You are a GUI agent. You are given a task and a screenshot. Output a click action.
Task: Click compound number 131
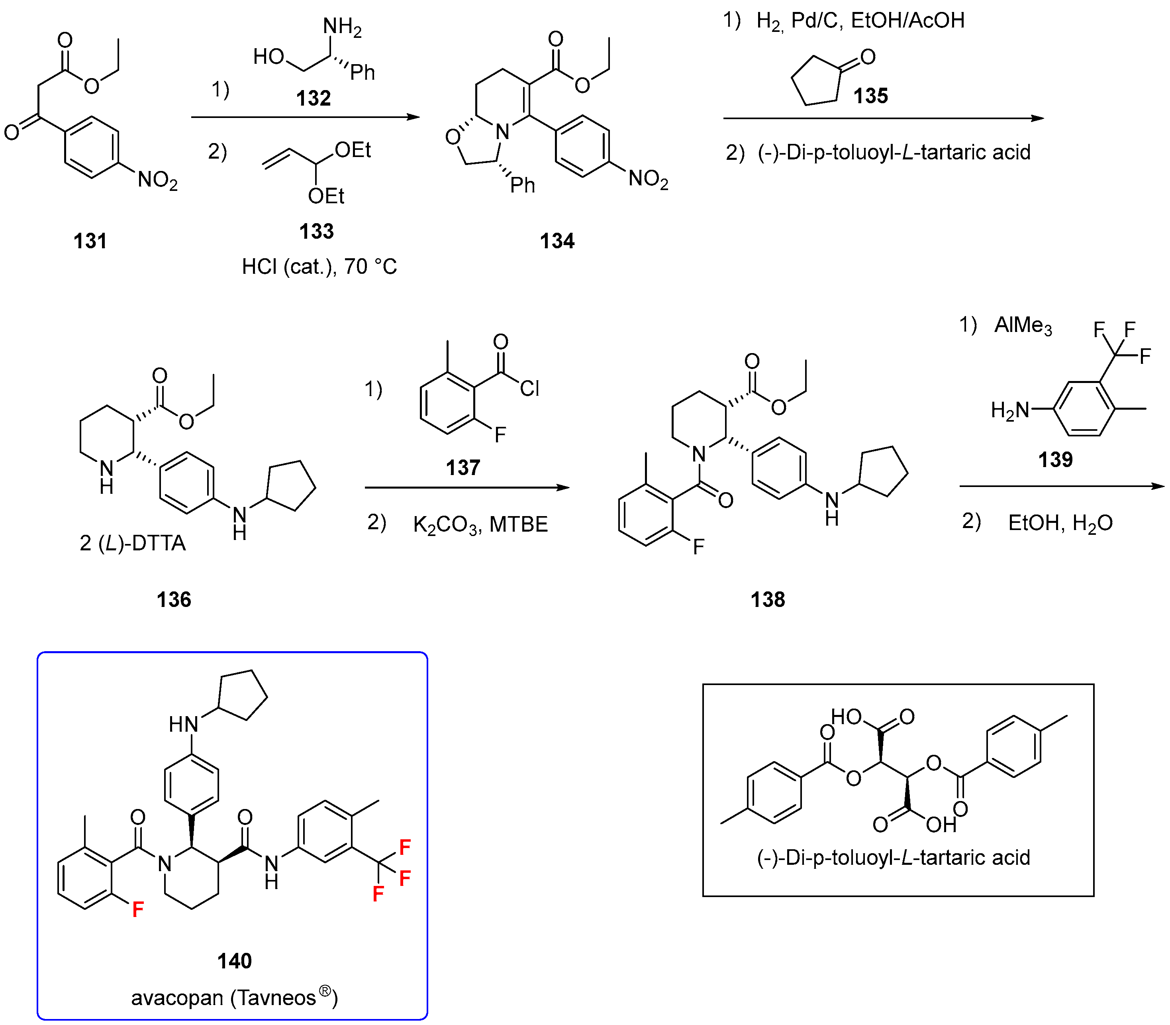(90, 241)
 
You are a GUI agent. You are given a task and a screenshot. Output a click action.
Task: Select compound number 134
(557, 241)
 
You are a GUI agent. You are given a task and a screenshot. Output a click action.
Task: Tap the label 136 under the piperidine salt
(174, 599)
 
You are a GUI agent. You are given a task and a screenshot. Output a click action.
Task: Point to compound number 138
(767, 599)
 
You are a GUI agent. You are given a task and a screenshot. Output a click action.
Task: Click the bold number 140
(235, 961)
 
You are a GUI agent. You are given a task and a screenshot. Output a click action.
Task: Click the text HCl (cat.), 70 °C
(319, 267)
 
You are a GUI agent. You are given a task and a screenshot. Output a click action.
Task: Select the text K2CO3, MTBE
(480, 524)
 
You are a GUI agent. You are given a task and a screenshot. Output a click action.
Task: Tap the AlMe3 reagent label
(1023, 326)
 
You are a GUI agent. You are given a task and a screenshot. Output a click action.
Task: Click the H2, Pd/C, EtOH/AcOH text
(860, 21)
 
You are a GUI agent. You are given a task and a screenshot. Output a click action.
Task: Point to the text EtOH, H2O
(1060, 523)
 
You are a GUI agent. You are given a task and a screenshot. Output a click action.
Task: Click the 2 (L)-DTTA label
(133, 543)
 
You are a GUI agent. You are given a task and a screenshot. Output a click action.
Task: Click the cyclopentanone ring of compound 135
(815, 82)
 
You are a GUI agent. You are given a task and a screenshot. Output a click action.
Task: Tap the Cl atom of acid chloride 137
(529, 389)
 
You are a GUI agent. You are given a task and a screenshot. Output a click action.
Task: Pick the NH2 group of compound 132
(342, 26)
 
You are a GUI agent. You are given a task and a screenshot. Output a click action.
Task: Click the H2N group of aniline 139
(1009, 410)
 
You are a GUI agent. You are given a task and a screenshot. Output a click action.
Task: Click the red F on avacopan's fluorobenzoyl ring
(138, 909)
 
